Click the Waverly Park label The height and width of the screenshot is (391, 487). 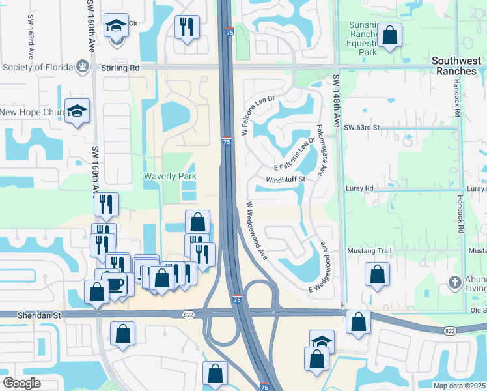pyautogui.click(x=170, y=176)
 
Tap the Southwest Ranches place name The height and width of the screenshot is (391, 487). pyautogui.click(x=456, y=66)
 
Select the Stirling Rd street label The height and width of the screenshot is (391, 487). pyautogui.click(x=120, y=66)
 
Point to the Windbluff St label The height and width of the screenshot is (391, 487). pyautogui.click(x=285, y=179)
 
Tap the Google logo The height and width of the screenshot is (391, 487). pyautogui.click(x=21, y=383)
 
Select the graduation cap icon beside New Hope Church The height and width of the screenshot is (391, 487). pyautogui.click(x=77, y=111)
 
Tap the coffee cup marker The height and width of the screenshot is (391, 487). pyautogui.click(x=115, y=284)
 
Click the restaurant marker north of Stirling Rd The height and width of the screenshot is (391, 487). pyautogui.click(x=187, y=27)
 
